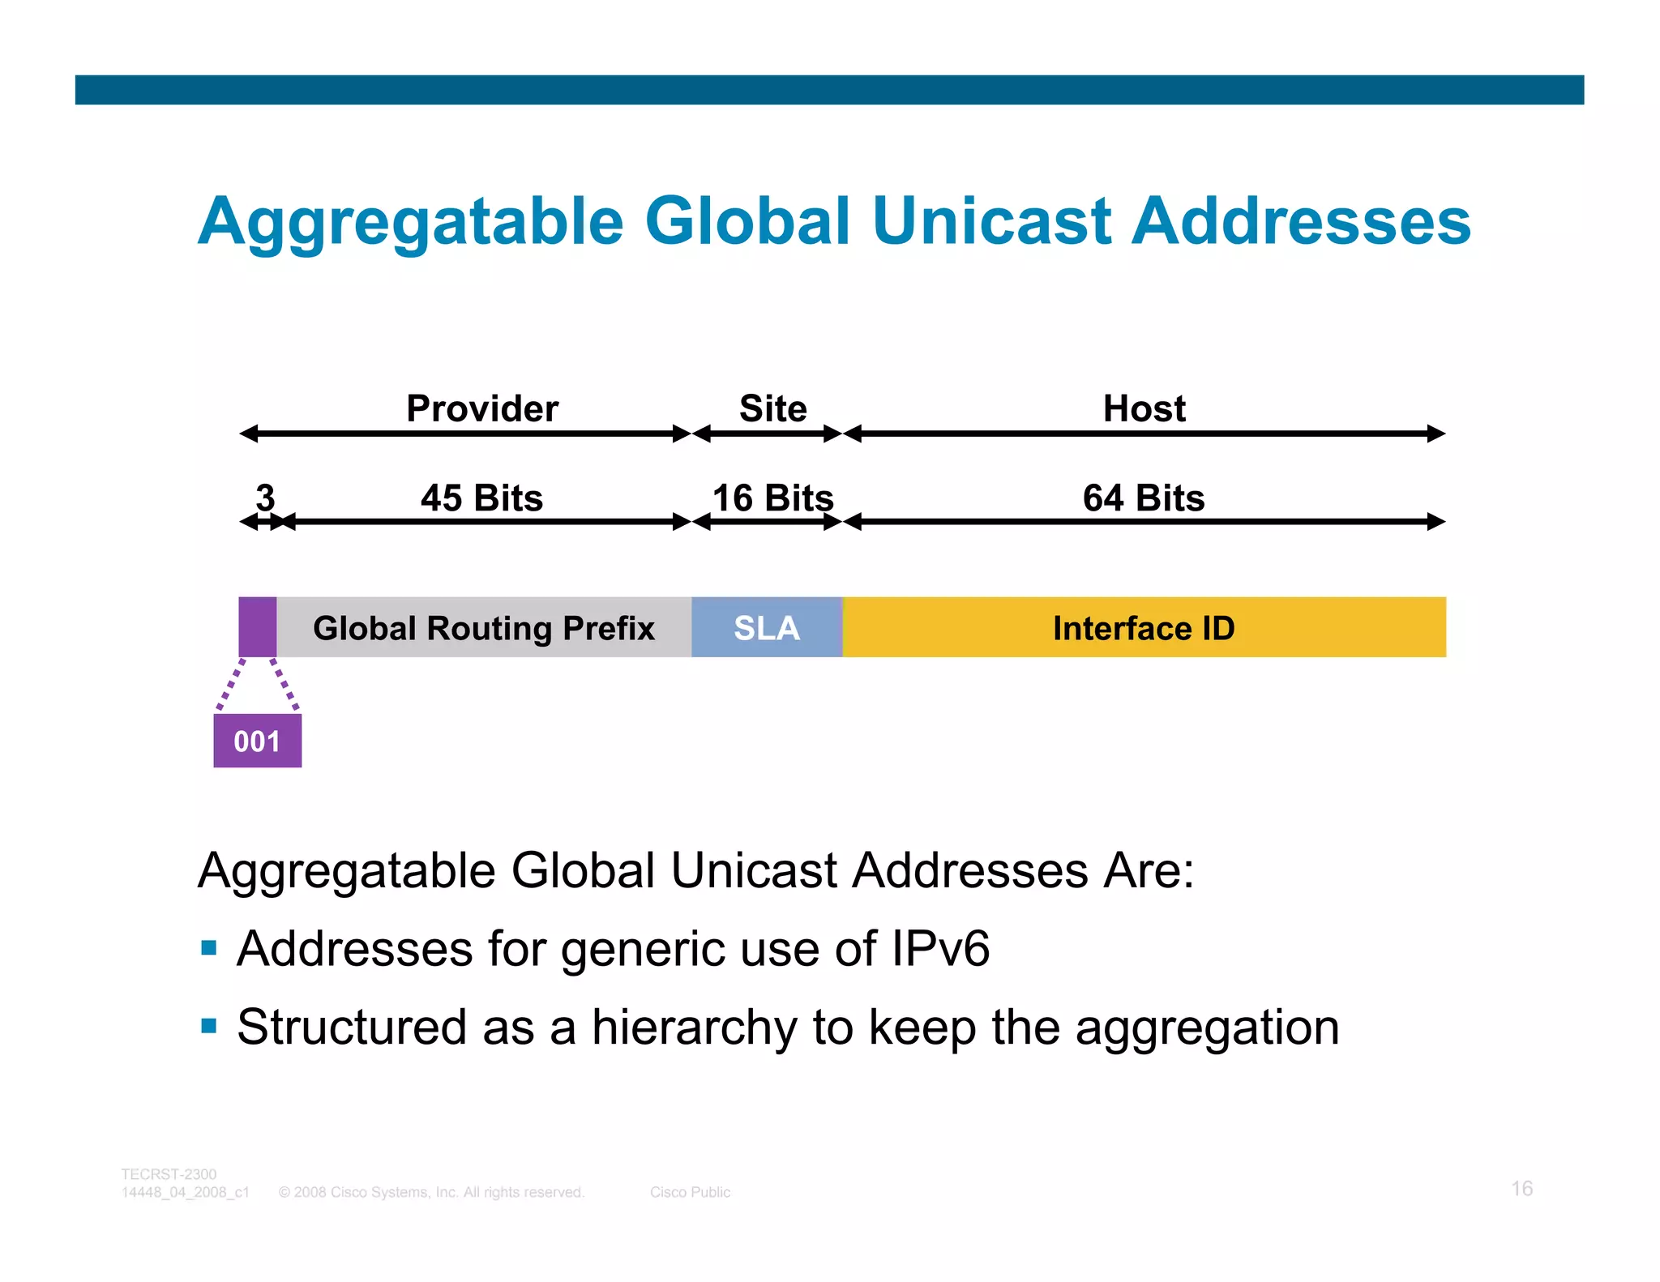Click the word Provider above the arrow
point(482,408)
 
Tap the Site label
point(772,408)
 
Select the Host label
point(1144,408)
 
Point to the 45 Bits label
point(481,498)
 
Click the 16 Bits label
point(772,498)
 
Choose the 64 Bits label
point(1143,498)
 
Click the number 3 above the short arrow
point(265,496)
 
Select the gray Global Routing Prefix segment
point(484,628)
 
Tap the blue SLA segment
point(767,628)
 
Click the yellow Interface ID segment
point(1144,628)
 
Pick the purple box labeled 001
point(257,741)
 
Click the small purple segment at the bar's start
point(258,627)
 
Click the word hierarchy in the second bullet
point(694,1028)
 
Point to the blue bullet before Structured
point(209,1026)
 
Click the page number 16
point(1521,1188)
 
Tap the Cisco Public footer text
point(690,1192)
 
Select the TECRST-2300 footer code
point(169,1174)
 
